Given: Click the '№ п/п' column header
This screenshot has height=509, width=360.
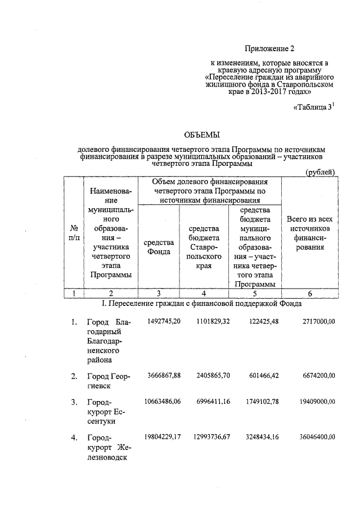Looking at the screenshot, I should click(x=73, y=233).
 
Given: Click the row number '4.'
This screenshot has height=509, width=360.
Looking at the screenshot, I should click(x=74, y=438).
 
